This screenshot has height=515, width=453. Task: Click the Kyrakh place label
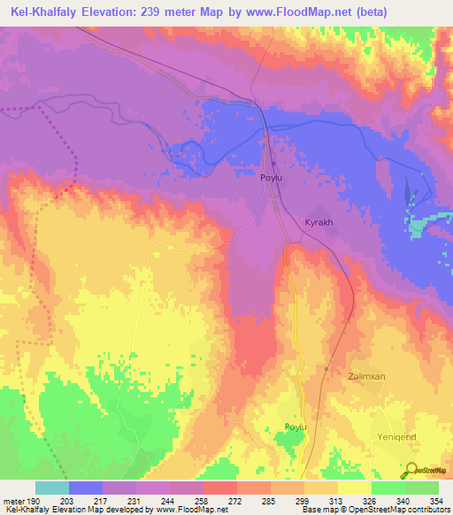coord(319,222)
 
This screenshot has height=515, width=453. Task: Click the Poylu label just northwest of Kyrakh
coord(272,178)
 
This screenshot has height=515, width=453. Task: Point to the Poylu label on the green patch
coord(295,427)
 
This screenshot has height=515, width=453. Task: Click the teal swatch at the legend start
coord(51,488)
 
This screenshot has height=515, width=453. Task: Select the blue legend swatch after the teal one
coord(85,488)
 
